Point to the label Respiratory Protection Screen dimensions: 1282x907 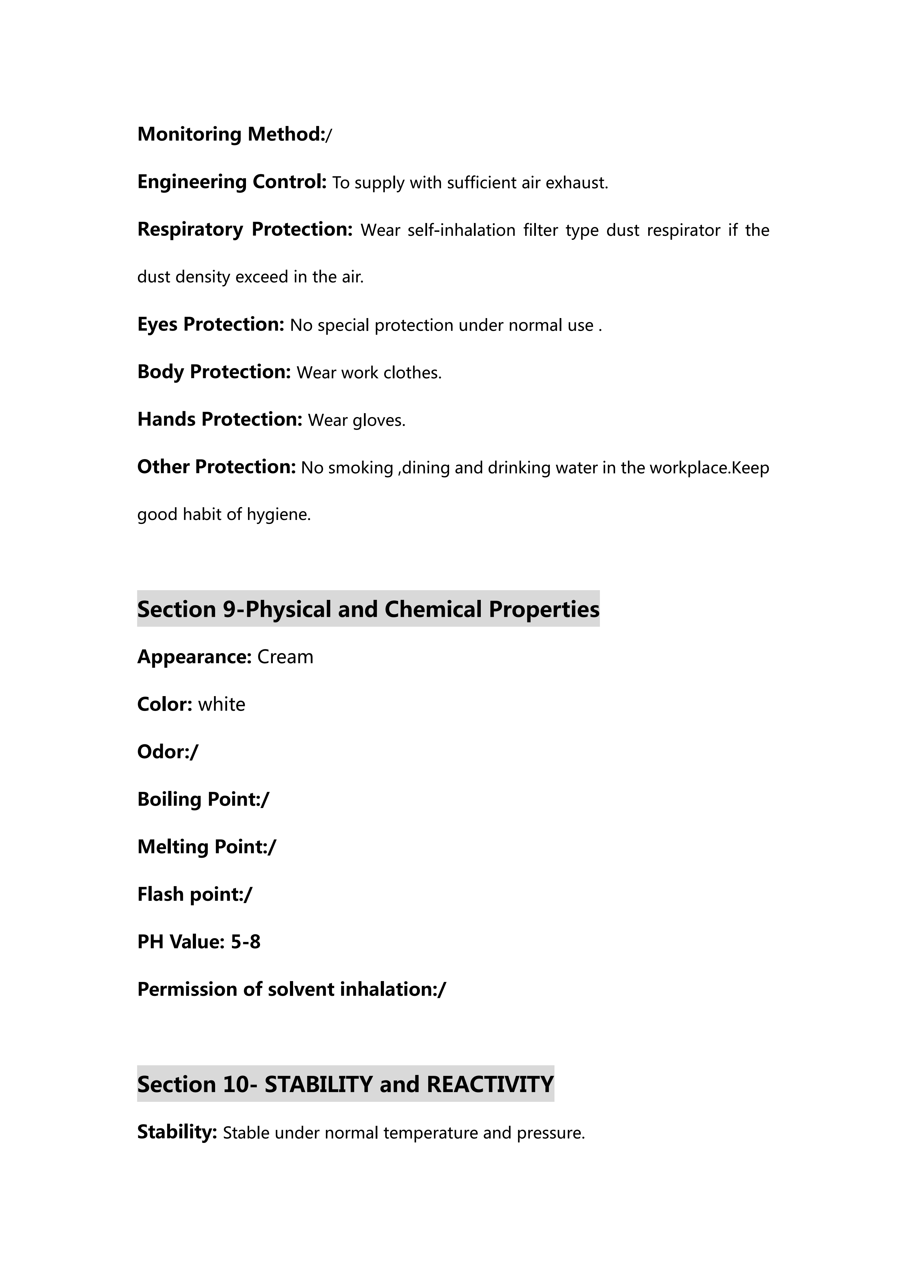click(x=245, y=230)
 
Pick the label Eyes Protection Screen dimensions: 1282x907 click(x=211, y=324)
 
